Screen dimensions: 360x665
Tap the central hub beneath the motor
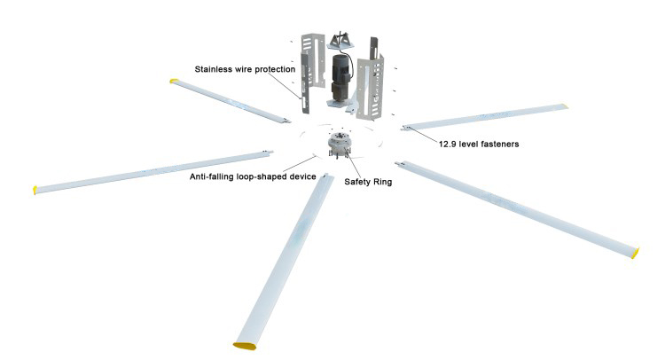[x=340, y=142]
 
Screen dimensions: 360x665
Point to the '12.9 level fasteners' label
[x=479, y=142]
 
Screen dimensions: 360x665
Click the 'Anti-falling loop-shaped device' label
[x=253, y=176]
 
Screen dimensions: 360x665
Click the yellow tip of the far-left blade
[x=36, y=189]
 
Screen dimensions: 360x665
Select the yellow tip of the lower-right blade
[x=634, y=253]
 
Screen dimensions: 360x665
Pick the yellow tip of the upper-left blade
[x=174, y=82]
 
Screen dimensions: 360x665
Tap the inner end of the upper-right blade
[x=407, y=127]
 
